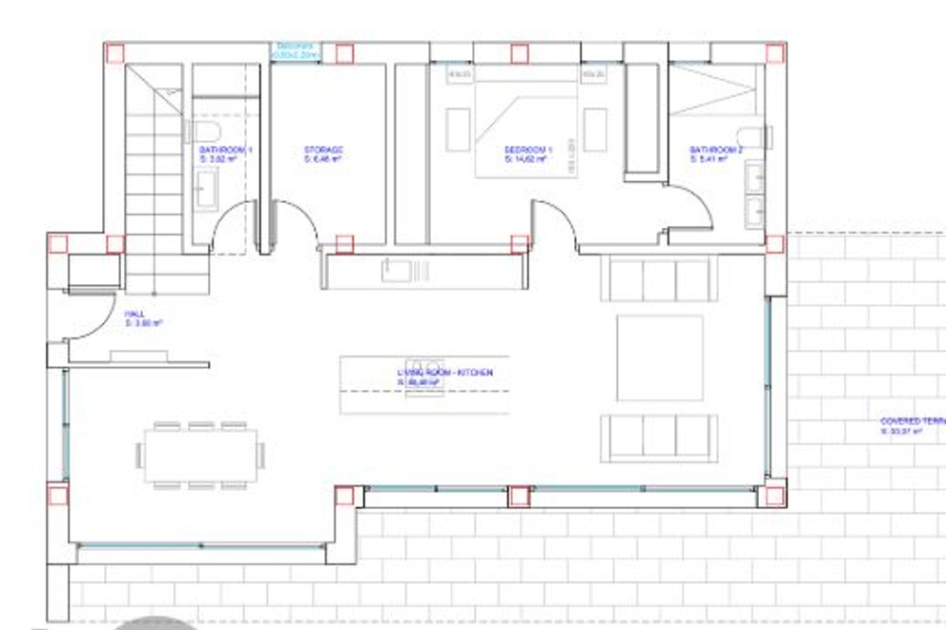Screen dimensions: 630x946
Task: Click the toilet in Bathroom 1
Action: tap(205, 131)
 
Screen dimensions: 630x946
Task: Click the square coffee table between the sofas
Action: tap(659, 358)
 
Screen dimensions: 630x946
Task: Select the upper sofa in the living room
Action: tap(658, 279)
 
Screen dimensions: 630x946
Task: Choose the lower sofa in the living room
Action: tap(658, 437)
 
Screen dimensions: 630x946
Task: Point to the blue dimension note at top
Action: tap(297, 51)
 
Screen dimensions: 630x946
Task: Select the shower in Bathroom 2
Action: tap(715, 91)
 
